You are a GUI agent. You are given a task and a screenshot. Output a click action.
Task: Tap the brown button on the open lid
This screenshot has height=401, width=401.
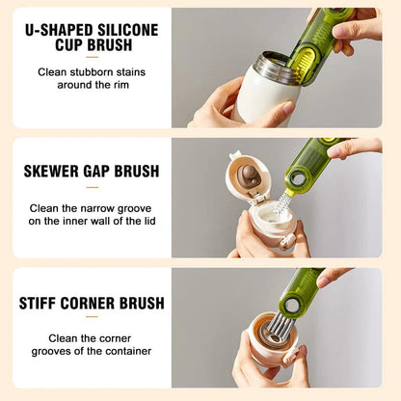point(249,179)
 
